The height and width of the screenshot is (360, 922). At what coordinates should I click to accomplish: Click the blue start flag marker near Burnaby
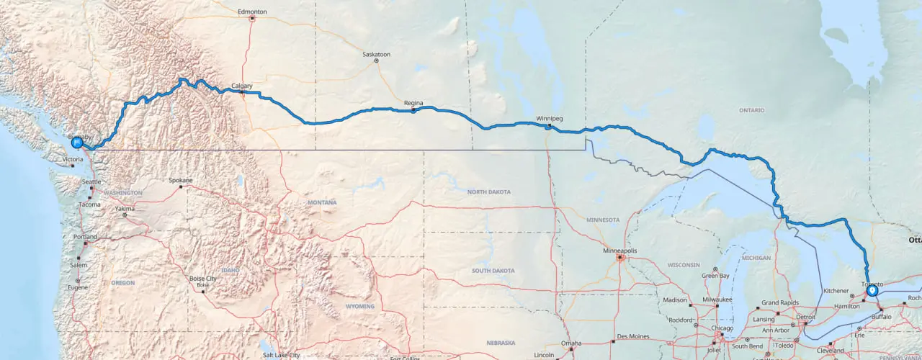tap(76, 142)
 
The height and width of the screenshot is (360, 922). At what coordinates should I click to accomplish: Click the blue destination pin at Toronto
tap(872, 291)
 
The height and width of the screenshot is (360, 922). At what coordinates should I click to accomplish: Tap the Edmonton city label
tap(253, 12)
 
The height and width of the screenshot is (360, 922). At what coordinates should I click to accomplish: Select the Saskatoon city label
tap(376, 54)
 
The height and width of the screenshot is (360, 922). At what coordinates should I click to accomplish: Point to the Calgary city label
tap(242, 86)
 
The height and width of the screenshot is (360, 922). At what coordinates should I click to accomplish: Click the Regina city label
tap(413, 103)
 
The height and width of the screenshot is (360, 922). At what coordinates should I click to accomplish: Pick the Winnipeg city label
tap(549, 118)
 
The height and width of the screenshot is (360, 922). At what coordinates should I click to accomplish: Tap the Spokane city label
tap(180, 180)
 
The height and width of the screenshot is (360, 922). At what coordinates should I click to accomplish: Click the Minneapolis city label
tap(619, 251)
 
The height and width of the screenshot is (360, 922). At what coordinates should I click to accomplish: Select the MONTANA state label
tap(322, 202)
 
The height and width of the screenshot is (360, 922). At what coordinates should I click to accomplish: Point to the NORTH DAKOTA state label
tap(488, 192)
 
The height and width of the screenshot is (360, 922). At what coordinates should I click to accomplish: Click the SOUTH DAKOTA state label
tap(493, 271)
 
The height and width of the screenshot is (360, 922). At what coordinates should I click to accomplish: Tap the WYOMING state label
tap(360, 306)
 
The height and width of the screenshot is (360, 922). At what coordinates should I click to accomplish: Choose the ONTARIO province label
tap(751, 110)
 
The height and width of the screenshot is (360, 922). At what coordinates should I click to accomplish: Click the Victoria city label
tap(73, 159)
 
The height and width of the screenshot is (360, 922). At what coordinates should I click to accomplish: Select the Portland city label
tap(84, 237)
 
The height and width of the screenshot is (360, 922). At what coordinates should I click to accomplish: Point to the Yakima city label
tap(124, 209)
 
